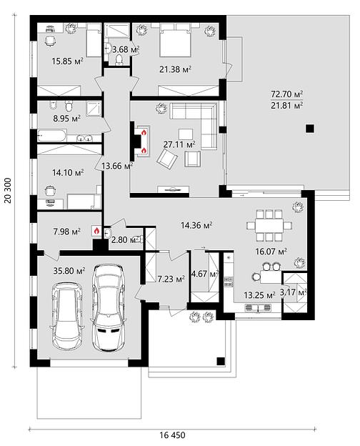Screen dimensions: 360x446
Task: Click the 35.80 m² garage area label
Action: click(x=69, y=270)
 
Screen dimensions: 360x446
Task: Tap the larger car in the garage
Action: click(x=109, y=308)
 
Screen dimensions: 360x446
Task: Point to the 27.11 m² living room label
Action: click(x=179, y=144)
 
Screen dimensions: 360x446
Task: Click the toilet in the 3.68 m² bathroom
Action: click(x=119, y=60)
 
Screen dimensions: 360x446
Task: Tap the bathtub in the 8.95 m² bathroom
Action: click(x=52, y=136)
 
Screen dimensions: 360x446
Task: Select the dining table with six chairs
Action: click(x=269, y=225)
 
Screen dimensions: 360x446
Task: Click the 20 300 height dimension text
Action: click(x=8, y=191)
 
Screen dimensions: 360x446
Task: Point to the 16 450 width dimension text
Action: click(x=172, y=435)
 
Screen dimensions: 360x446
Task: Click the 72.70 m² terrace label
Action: click(x=286, y=94)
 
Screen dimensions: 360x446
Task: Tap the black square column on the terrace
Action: click(x=310, y=129)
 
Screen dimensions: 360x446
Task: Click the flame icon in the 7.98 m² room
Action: click(x=96, y=231)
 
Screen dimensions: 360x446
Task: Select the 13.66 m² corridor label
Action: click(x=117, y=166)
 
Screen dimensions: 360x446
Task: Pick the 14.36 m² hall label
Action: click(x=196, y=225)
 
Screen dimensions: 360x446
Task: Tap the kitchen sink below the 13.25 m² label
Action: click(x=258, y=308)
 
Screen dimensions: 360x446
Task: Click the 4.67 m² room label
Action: click(x=205, y=274)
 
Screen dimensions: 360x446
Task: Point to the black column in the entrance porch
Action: click(x=221, y=361)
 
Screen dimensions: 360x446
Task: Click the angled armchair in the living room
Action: click(x=167, y=159)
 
